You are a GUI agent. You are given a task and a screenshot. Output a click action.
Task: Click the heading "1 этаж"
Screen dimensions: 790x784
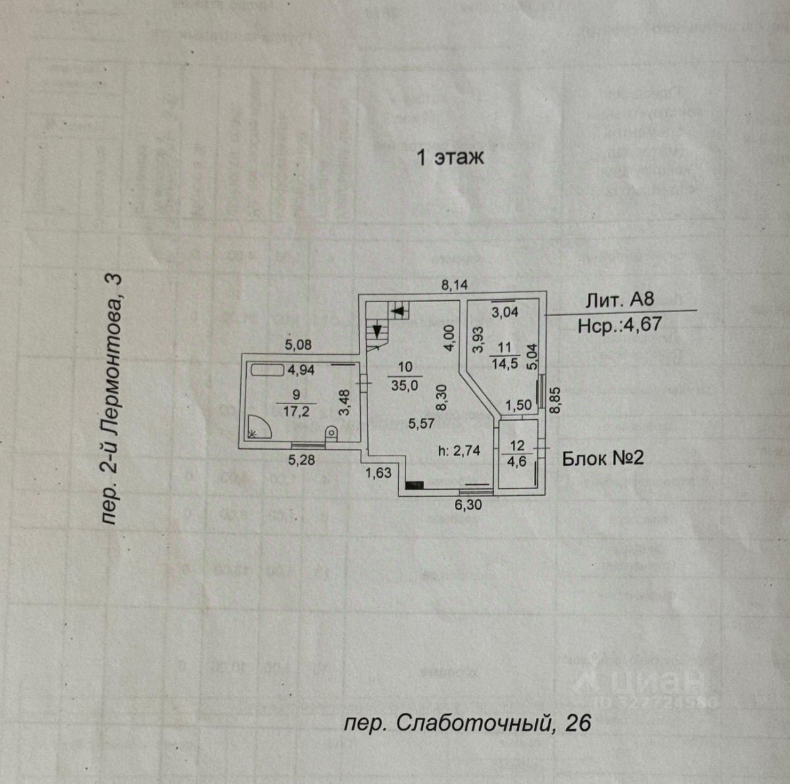point(450,158)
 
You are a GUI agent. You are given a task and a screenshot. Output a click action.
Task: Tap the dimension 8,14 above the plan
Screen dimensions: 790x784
point(454,285)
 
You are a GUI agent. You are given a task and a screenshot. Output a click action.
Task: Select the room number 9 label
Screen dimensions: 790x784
point(296,395)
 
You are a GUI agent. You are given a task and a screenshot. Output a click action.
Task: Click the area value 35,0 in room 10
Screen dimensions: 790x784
point(405,386)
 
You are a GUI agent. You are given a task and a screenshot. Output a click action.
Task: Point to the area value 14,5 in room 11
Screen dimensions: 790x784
point(504,361)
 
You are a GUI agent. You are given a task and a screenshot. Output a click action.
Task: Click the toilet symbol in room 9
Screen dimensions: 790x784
point(331,432)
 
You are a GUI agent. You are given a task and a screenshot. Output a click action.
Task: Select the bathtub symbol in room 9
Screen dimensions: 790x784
point(267,370)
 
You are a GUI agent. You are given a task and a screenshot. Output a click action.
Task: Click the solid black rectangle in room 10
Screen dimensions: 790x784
point(414,486)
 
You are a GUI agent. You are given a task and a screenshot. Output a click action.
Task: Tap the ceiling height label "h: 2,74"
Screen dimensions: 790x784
point(460,451)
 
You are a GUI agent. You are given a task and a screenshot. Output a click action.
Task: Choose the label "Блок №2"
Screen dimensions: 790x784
point(602,458)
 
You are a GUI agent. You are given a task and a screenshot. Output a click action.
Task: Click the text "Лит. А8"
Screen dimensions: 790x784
point(620,300)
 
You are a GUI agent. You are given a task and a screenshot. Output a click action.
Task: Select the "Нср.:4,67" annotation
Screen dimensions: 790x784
point(619,324)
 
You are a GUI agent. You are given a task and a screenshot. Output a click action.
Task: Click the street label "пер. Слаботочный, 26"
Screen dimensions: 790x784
point(467,723)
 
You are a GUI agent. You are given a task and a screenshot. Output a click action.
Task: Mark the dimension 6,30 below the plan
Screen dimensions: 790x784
point(469,506)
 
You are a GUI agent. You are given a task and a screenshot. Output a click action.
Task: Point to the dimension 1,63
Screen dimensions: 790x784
point(379,472)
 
